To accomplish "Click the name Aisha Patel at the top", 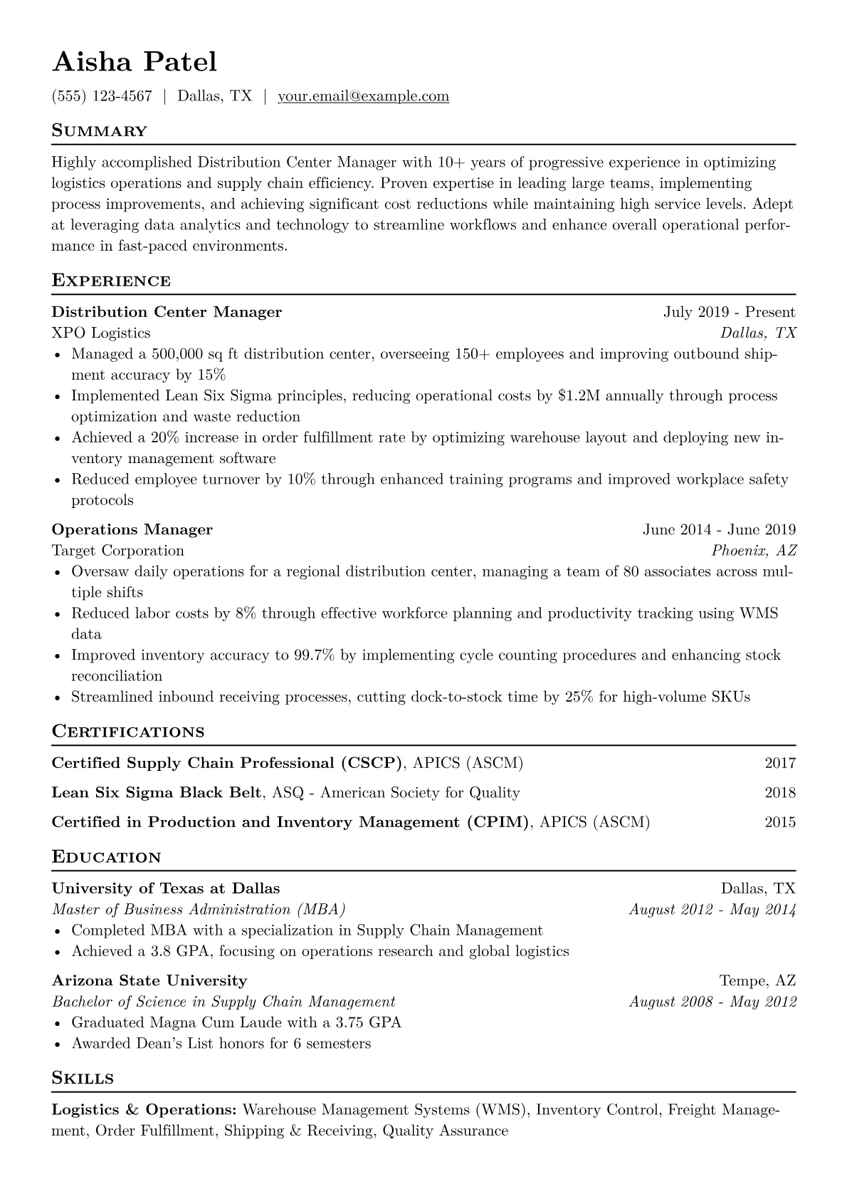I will [x=135, y=62].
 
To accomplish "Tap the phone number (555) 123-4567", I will [x=102, y=96].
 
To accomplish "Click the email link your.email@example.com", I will [x=363, y=96].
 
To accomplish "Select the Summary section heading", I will [x=100, y=131].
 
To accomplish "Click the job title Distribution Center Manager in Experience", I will [x=167, y=312].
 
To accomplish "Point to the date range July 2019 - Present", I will [x=729, y=312].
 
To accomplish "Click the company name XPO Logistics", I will [x=101, y=333].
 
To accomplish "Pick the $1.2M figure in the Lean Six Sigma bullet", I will [x=579, y=395].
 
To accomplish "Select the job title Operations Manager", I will [x=132, y=529].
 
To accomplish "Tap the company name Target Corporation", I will [x=118, y=551].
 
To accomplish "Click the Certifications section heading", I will [x=128, y=732].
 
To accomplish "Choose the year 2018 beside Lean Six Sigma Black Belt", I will [x=780, y=793].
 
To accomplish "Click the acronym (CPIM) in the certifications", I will [x=499, y=822].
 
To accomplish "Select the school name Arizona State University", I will [x=149, y=981].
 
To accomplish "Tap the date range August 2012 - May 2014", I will [x=712, y=910].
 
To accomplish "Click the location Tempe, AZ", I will [x=757, y=981].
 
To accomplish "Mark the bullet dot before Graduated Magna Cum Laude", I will [x=58, y=1024].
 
